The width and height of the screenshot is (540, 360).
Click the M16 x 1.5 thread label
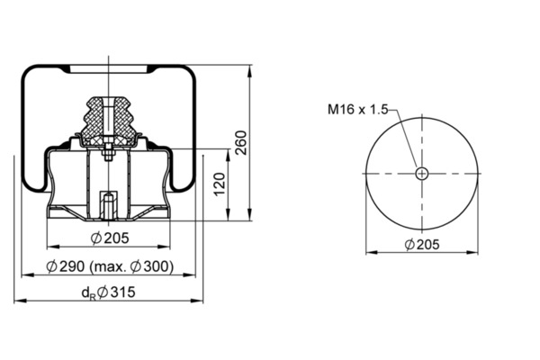pos(357,110)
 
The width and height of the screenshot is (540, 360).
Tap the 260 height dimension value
pos(241,142)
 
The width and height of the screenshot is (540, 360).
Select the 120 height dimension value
pos(220,184)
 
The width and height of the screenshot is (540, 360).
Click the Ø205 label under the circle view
pos(422,245)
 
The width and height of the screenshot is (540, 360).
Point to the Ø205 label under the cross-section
pos(110,238)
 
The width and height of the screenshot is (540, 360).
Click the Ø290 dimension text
pos(66,266)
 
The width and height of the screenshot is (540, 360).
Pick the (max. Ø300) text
pos(131,266)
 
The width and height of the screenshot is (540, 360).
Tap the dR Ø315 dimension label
pos(109,292)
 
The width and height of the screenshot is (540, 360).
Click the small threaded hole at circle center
pos(421,174)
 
